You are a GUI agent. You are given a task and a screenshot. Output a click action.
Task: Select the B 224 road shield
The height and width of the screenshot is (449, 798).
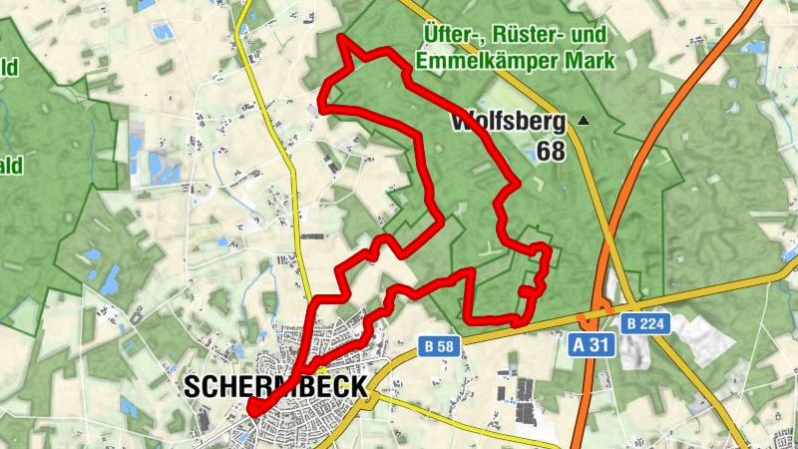(645, 323)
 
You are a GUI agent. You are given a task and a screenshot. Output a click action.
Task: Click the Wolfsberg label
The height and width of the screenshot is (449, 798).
(509, 124)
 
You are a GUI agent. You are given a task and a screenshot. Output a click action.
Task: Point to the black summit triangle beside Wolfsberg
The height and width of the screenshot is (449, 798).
(584, 122)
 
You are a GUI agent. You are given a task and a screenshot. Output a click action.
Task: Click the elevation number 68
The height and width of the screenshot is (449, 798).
(551, 152)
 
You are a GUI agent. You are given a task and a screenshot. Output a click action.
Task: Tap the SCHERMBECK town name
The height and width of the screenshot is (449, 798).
(275, 387)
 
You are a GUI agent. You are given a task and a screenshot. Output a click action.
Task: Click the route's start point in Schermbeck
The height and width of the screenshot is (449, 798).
(251, 408)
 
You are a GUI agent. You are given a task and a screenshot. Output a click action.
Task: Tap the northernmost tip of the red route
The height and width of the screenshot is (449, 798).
(341, 39)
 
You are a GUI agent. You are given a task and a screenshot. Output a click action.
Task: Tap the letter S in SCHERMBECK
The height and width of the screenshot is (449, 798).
(193, 387)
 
